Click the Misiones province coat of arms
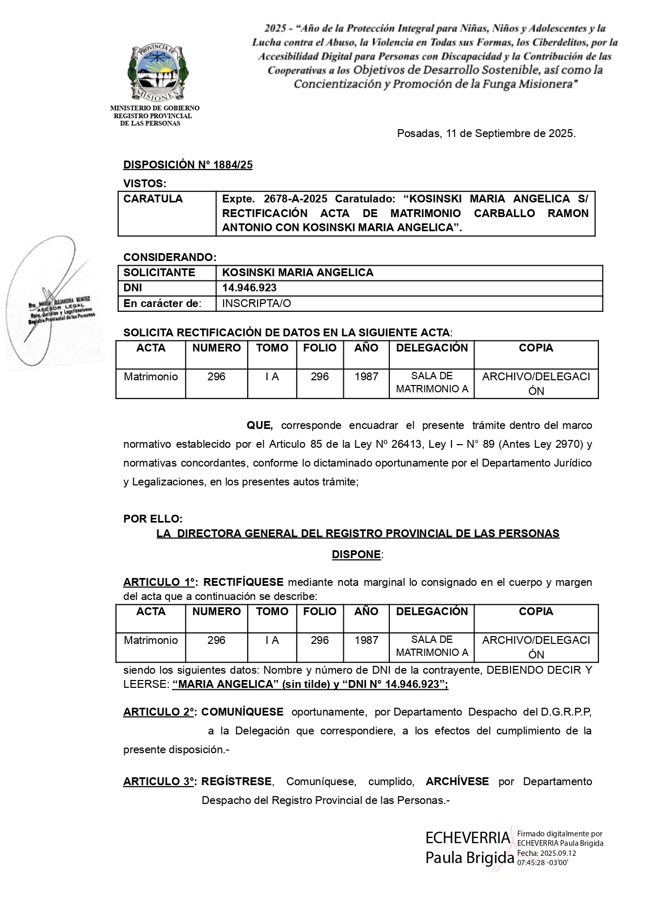pos(157,72)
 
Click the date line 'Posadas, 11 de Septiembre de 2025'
pos(486,133)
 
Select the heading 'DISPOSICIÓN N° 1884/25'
pos(188,165)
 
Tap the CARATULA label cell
pos(153,199)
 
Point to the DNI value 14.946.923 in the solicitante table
pos(249,288)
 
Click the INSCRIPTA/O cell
pos(257,303)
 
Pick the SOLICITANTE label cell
pos(159,273)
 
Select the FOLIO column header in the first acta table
pos(320,348)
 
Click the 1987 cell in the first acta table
pos(366,377)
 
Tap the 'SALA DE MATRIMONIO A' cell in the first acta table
pos(432,382)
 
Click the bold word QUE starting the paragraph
pos(260,425)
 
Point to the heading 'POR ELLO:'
pos(153,519)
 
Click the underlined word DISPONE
pos(356,554)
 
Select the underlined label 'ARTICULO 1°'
pos(159,582)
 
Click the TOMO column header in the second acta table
pos(272,611)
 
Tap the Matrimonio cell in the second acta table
pos(150,640)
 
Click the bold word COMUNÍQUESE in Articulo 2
pos(242,712)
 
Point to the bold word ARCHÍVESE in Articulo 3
pos(457,781)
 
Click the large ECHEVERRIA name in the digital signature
pos(467,838)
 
